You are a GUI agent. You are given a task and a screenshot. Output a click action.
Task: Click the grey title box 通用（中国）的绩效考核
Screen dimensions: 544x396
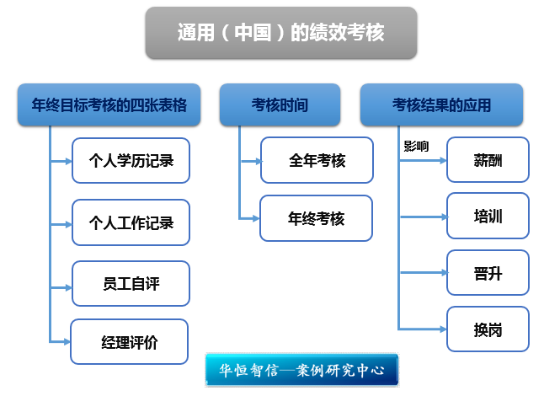coord(281,33)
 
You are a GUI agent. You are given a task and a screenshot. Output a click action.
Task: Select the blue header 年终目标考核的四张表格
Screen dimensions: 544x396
coord(109,104)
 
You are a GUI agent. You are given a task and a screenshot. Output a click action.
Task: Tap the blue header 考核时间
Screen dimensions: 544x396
coord(280,104)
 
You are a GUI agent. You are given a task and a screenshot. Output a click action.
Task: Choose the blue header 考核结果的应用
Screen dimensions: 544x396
coord(441,104)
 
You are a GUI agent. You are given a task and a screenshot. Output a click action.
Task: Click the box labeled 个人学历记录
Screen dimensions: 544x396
coord(131,160)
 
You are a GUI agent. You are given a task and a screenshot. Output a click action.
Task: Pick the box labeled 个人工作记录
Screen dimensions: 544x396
coord(131,222)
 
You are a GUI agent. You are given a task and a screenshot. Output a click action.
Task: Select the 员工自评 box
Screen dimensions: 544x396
coord(131,284)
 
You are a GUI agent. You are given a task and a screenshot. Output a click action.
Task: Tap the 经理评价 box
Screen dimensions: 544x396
coord(130,342)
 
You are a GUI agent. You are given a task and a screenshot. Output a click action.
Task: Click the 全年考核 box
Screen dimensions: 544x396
coord(317,160)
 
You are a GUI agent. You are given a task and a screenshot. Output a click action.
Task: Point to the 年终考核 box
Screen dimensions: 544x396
coord(316,218)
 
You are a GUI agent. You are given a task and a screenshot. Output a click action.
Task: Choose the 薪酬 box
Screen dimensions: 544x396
coord(488,160)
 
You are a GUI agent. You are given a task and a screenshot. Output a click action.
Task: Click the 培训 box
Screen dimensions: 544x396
coord(488,216)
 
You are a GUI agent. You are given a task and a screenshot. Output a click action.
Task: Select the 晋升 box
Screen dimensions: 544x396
coord(488,273)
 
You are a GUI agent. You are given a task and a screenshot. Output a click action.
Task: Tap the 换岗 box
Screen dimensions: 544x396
coord(488,329)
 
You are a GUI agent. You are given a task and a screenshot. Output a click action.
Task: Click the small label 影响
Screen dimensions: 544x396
coord(416,146)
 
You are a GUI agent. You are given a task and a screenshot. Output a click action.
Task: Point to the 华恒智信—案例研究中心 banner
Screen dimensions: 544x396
coord(301,370)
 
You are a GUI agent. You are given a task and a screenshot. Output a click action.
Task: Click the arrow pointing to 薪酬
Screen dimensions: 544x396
coord(423,160)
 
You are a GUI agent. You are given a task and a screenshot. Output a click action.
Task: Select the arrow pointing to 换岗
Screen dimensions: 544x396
coord(423,329)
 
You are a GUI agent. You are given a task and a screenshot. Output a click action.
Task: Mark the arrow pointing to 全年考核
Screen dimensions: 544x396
coord(251,161)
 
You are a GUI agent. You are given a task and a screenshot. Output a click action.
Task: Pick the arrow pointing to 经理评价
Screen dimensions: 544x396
coord(60,342)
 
